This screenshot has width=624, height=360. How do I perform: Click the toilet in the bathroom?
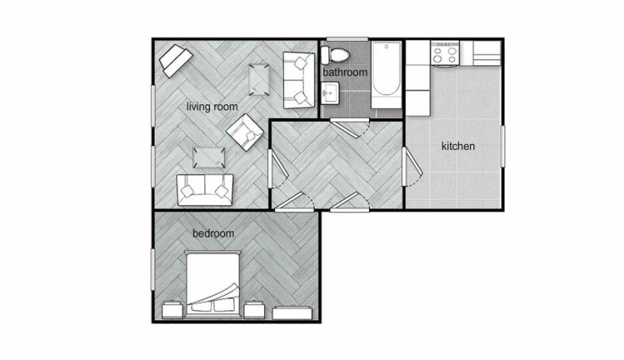335,55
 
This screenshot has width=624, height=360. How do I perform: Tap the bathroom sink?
330,93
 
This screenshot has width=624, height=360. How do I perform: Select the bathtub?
386,74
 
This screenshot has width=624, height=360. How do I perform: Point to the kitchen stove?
446,54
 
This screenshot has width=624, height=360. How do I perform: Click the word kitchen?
458,146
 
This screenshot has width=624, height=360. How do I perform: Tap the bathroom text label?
345,73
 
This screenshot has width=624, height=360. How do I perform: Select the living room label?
212,106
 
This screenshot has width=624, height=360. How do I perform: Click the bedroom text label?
214,234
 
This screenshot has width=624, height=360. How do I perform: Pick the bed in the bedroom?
214,284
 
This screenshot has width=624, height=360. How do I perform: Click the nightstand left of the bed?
172,309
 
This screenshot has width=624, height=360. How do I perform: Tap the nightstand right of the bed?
254,309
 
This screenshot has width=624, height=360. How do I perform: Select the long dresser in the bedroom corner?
292,313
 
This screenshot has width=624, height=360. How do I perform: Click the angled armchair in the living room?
245,133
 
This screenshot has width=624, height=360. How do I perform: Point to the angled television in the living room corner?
176,61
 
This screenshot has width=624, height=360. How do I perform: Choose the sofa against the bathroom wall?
299,80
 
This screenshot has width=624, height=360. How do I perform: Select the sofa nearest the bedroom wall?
205,190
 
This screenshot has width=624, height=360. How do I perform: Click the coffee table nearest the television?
259,80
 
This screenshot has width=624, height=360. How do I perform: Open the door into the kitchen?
411,166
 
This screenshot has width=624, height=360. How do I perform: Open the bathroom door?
350,127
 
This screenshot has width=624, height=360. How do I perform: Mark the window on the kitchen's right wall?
502,146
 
